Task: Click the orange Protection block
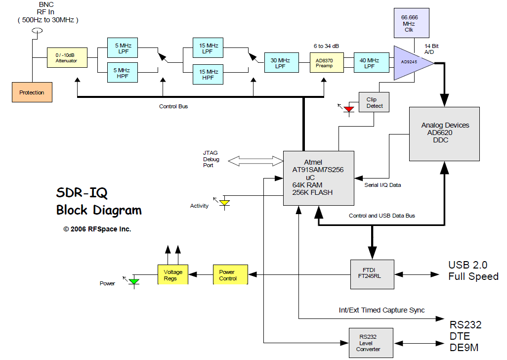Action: [x=32, y=92]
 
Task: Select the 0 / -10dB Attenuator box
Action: [x=67, y=58]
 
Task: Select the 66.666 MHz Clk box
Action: [x=408, y=23]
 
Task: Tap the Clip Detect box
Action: [x=374, y=102]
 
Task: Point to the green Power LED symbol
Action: [x=133, y=281]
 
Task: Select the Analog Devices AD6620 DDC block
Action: [x=444, y=134]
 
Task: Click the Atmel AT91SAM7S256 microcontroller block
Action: [x=318, y=178]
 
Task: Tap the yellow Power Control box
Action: [x=230, y=274]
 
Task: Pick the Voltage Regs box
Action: [x=173, y=274]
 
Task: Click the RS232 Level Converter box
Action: [x=371, y=343]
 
